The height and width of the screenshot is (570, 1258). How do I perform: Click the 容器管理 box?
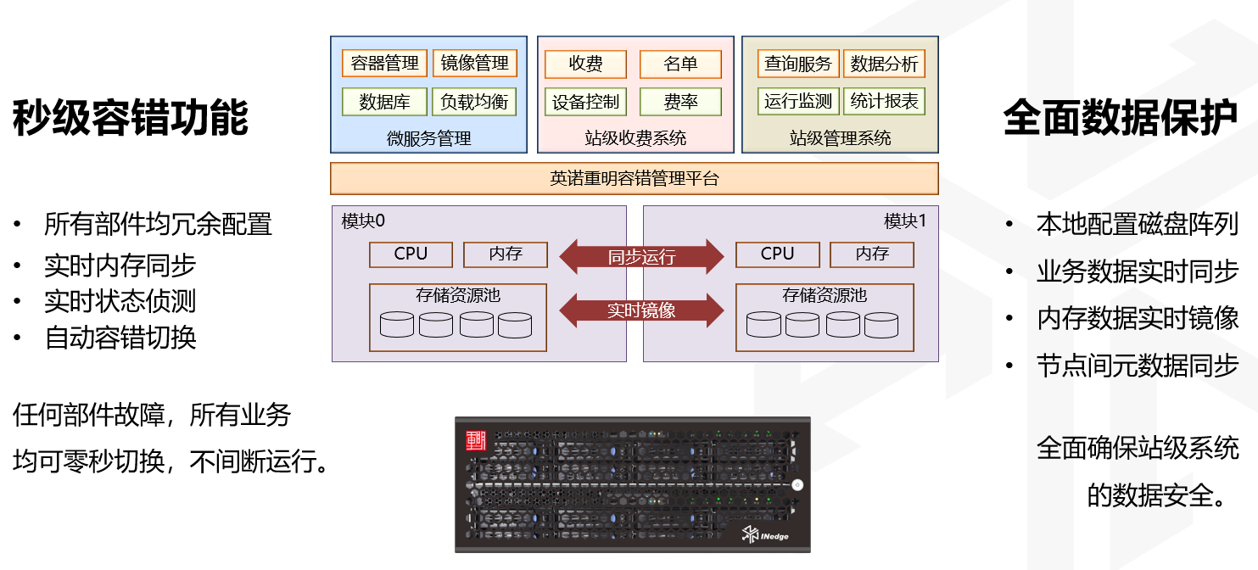[x=384, y=64]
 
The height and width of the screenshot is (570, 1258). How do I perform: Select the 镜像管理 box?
[x=474, y=64]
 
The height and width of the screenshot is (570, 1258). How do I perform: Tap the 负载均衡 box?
[x=474, y=102]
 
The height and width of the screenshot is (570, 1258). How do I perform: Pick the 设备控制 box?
[x=585, y=102]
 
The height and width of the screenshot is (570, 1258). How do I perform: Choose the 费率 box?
[x=680, y=102]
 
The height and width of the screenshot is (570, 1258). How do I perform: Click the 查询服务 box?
[x=797, y=64]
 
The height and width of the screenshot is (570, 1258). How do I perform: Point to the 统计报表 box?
[x=884, y=102]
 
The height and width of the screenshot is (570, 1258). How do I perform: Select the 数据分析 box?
[x=884, y=64]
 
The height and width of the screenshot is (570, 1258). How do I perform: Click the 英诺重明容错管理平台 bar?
[x=634, y=179]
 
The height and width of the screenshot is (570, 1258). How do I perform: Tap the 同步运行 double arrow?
[x=641, y=256]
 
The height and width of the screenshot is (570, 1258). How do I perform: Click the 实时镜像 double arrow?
[x=641, y=310]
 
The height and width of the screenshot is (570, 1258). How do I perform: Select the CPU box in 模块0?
[x=411, y=254]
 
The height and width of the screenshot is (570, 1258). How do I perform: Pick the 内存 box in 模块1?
[x=872, y=254]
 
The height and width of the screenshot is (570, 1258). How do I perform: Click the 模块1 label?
[x=906, y=221]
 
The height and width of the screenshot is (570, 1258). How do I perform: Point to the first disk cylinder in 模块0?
[x=397, y=324]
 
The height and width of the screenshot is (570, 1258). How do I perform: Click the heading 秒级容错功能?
[x=131, y=117]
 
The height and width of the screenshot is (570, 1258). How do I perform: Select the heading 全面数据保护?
[x=1120, y=117]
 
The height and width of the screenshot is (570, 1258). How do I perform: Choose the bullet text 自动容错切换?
[x=120, y=338]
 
